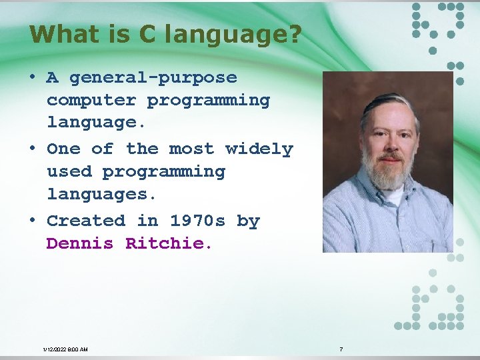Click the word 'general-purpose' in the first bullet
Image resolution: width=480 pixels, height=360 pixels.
point(153,78)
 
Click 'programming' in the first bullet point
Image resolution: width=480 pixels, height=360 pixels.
point(209,101)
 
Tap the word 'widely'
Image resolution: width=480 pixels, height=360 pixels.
point(259,149)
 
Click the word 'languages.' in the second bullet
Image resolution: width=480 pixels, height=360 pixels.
point(102,195)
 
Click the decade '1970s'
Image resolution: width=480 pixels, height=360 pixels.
point(197,221)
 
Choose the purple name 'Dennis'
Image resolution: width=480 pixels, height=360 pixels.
point(80,244)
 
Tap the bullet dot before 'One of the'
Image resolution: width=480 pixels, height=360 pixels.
point(33,148)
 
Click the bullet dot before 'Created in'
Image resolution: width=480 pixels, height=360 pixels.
point(33,219)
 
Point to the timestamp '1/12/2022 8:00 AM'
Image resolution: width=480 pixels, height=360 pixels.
point(65,349)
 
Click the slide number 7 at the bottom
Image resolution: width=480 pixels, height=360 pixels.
point(341,349)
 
